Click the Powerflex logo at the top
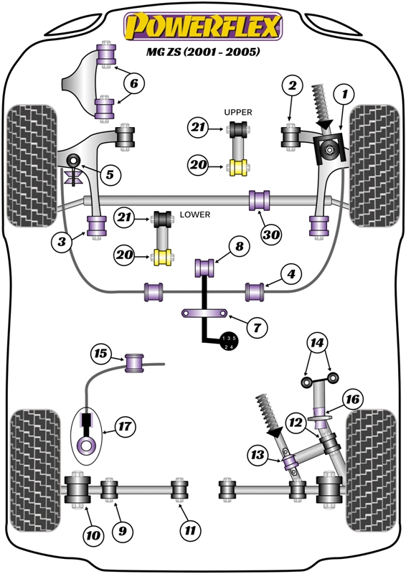pyautogui.click(x=203, y=27)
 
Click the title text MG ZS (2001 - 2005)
pyautogui.click(x=203, y=52)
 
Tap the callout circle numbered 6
pyautogui.click(x=134, y=83)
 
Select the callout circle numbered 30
pyautogui.click(x=271, y=235)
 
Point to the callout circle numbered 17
pyautogui.click(x=125, y=426)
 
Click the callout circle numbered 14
pyautogui.click(x=317, y=343)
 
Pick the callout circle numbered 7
pyautogui.click(x=257, y=327)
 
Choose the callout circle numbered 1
pyautogui.click(x=344, y=95)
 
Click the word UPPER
pyautogui.click(x=238, y=112)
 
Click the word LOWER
pyautogui.click(x=195, y=215)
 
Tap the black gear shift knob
pyautogui.click(x=227, y=342)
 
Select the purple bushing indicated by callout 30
pyautogui.click(x=259, y=201)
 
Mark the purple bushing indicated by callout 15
pyautogui.click(x=134, y=363)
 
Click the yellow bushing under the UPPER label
pyautogui.click(x=238, y=168)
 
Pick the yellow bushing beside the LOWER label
pyautogui.click(x=162, y=258)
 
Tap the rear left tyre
pyautogui.click(x=35, y=471)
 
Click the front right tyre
pyautogui.click(x=374, y=166)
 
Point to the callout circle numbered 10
pyautogui.click(x=93, y=535)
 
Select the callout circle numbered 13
pyautogui.click(x=258, y=455)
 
